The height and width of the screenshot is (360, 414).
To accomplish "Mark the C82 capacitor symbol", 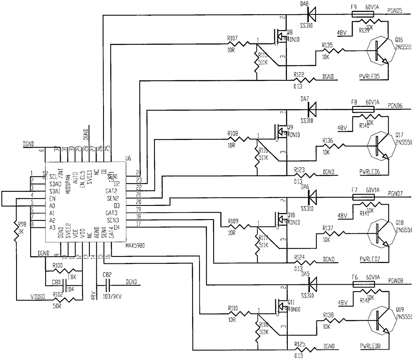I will (108, 285).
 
